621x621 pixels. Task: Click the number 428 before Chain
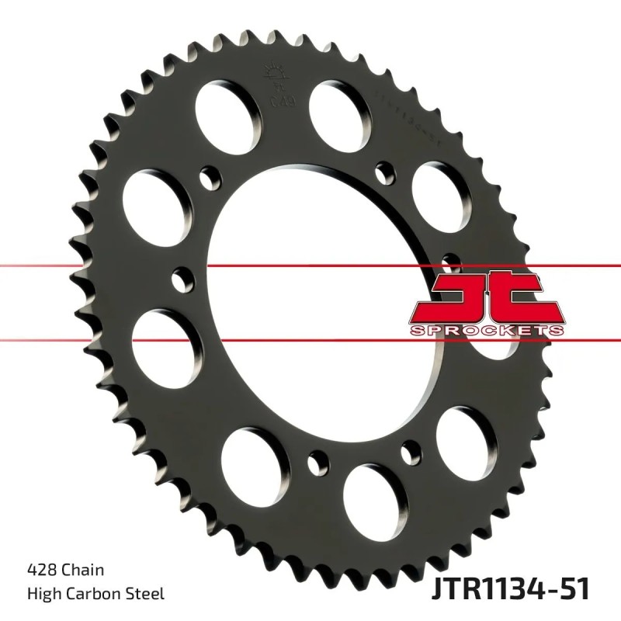tap(40, 569)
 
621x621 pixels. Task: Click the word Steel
tap(147, 594)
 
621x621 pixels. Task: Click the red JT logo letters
tap(484, 298)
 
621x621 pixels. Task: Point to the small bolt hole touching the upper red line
tap(182, 276)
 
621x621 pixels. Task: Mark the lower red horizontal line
tap(78, 339)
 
